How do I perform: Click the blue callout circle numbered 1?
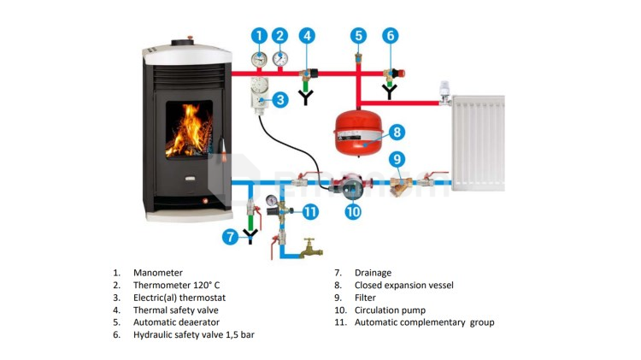click(x=259, y=36)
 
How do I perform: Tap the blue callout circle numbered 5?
click(x=358, y=36)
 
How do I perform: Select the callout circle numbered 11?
click(x=310, y=212)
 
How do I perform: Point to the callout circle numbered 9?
click(x=397, y=159)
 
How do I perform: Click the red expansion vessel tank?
click(x=358, y=133)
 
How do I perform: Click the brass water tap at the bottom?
click(x=311, y=247)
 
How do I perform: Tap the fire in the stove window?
click(x=189, y=130)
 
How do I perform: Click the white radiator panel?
click(x=478, y=143)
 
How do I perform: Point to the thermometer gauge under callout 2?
click(x=280, y=59)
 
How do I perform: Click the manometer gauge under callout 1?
click(x=259, y=60)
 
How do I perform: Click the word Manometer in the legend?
click(x=158, y=273)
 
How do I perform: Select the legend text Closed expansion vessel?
click(x=404, y=285)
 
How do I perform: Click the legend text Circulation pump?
click(x=390, y=310)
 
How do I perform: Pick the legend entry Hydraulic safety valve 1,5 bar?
click(x=194, y=334)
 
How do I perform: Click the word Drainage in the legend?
click(x=373, y=273)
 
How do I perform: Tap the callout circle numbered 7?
click(x=230, y=237)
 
